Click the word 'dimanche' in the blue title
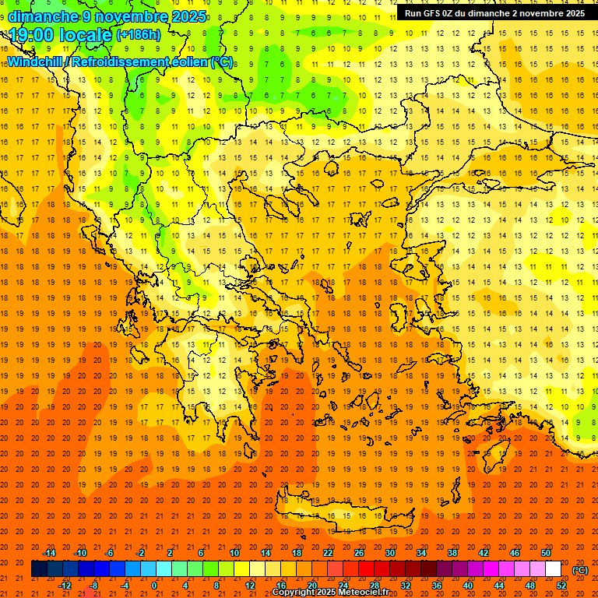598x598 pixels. [42, 16]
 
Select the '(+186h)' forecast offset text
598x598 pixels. [138, 35]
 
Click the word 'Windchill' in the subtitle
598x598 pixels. [33, 62]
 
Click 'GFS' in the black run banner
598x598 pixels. [434, 13]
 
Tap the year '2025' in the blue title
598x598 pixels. [189, 16]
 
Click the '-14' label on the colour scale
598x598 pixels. [49, 553]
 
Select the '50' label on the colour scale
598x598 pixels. [546, 553]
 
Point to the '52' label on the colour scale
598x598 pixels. [561, 585]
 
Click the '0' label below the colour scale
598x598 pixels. [155, 585]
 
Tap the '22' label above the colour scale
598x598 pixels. [328, 553]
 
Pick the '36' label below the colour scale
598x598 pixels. [437, 585]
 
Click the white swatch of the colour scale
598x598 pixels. [553, 569]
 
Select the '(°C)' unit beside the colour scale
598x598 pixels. [580, 570]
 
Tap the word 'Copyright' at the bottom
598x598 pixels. [295, 593]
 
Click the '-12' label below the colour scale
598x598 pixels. [65, 585]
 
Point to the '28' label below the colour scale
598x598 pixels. [375, 585]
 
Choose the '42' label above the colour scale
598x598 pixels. [484, 553]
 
